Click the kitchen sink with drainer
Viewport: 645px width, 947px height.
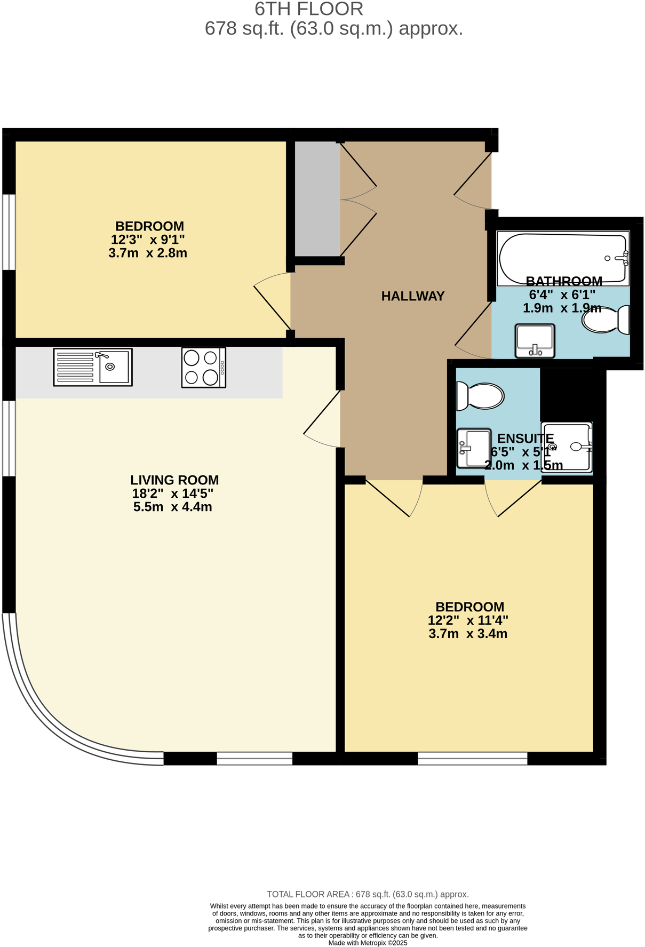pyautogui.click(x=93, y=367)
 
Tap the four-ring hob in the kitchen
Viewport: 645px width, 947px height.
pyautogui.click(x=203, y=368)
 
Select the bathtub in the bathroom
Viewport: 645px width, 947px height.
pyautogui.click(x=562, y=258)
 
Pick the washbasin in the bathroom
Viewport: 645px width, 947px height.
pyautogui.click(x=535, y=340)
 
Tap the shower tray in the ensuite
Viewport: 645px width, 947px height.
pyautogui.click(x=567, y=447)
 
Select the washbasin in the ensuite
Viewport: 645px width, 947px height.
pyautogui.click(x=474, y=448)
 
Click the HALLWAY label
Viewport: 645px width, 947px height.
pyautogui.click(x=412, y=296)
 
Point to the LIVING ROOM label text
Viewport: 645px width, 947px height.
pyautogui.click(x=174, y=480)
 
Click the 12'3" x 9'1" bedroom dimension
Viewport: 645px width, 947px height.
pyautogui.click(x=148, y=240)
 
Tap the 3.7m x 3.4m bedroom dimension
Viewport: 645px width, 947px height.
pyautogui.click(x=467, y=634)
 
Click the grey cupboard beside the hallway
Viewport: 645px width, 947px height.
pyautogui.click(x=317, y=198)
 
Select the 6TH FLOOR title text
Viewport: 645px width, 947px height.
pyautogui.click(x=309, y=9)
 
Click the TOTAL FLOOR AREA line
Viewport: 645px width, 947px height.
pyautogui.click(x=368, y=894)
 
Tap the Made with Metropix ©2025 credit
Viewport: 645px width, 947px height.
pyautogui.click(x=368, y=943)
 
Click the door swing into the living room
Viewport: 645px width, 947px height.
pyautogui.click(x=322, y=421)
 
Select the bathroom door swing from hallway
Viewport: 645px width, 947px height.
pyautogui.click(x=473, y=331)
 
